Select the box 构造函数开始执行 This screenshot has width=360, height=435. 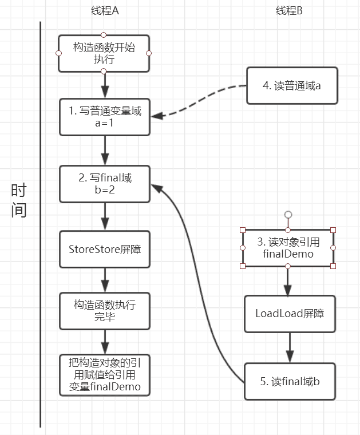104,53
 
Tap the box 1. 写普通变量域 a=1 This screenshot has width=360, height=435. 104,117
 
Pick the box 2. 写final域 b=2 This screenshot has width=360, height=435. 104,183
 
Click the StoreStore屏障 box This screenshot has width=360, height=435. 104,249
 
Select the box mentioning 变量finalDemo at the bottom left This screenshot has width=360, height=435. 104,375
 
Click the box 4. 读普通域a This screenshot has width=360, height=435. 292,86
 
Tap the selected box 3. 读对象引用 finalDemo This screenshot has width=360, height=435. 288,248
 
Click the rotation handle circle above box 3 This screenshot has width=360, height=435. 288,215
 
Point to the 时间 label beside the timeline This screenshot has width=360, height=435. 19,200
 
